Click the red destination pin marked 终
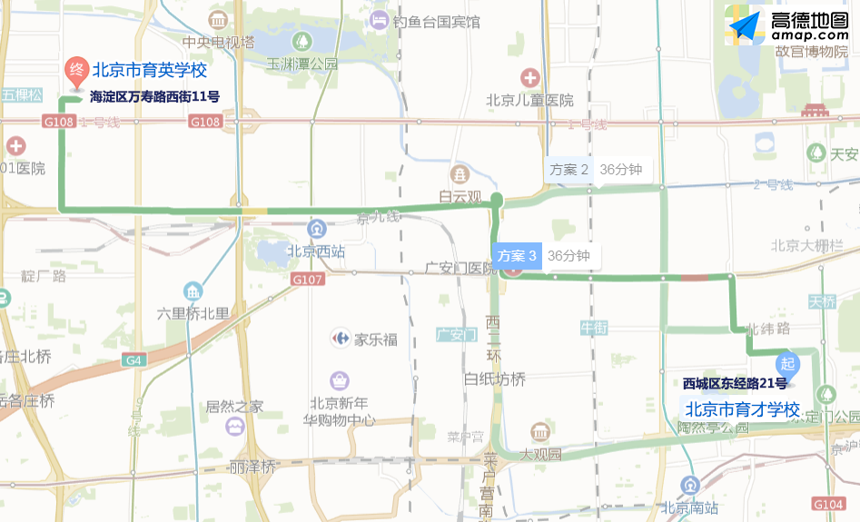[x=77, y=70]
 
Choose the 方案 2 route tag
[x=569, y=169]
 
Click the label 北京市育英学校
[x=150, y=70]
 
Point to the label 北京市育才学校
[x=741, y=409]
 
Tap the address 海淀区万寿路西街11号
[x=154, y=96]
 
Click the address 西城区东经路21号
[x=735, y=383]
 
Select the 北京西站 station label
[x=316, y=251]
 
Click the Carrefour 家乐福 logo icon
[x=341, y=340]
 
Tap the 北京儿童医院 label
[x=529, y=100]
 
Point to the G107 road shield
[x=308, y=280]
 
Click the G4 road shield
[x=134, y=360]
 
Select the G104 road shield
[x=828, y=504]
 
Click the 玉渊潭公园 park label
[x=301, y=64]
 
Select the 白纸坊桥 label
[x=494, y=379]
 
